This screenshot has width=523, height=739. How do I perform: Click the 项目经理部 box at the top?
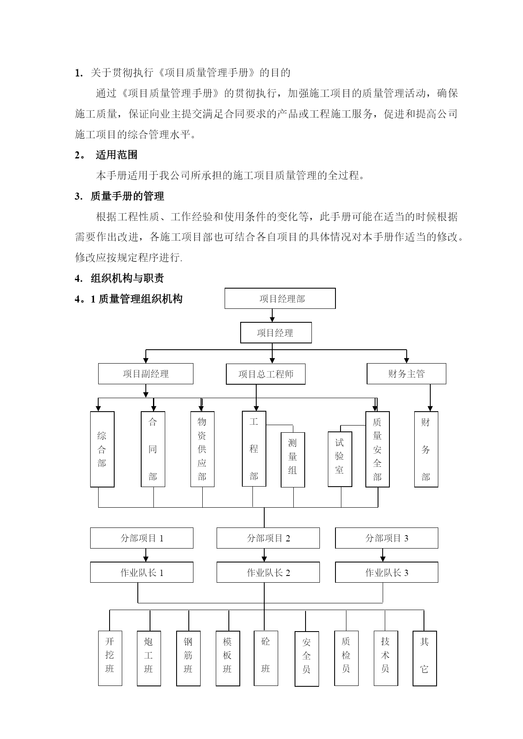click(x=280, y=298)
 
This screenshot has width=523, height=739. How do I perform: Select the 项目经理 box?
click(x=276, y=333)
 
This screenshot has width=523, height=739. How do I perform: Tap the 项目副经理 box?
click(x=146, y=374)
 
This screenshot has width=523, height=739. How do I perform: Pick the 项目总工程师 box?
click(x=266, y=374)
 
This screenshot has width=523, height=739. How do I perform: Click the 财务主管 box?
click(x=406, y=374)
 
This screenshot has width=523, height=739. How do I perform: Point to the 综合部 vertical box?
click(x=102, y=449)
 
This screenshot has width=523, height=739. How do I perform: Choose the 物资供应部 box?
click(x=202, y=449)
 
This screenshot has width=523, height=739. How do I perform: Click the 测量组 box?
click(x=293, y=460)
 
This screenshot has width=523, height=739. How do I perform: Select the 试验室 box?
click(x=340, y=459)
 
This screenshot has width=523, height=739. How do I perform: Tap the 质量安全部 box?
click(x=378, y=449)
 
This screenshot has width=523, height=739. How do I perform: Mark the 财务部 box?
click(x=426, y=449)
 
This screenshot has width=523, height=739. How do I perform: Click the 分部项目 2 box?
click(x=268, y=538)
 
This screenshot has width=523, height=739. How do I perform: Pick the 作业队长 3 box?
click(x=386, y=573)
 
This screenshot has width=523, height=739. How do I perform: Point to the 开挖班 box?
click(x=110, y=658)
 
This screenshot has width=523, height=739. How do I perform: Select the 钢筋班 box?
click(x=188, y=658)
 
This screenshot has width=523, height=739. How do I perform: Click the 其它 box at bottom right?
click(x=424, y=659)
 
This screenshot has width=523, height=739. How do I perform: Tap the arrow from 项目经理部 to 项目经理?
click(x=272, y=316)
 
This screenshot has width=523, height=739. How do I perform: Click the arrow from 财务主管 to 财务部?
click(x=430, y=398)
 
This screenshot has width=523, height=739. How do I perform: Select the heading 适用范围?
click(x=117, y=155)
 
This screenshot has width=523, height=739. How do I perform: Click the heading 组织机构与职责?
click(x=127, y=278)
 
